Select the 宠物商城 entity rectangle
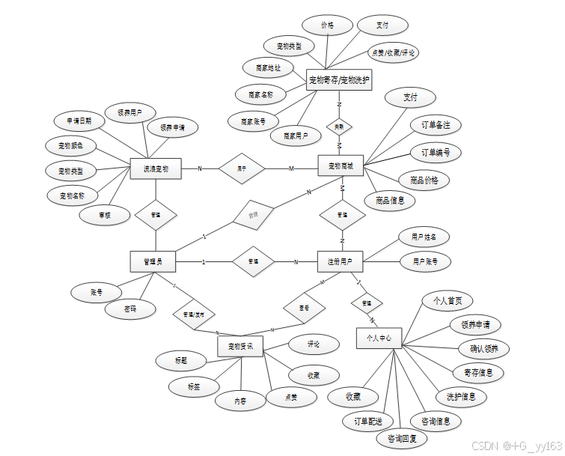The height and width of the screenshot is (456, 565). [340, 166]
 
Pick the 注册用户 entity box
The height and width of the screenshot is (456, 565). [340, 261]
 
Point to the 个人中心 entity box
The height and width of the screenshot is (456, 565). [379, 338]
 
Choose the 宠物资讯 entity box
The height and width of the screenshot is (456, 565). [240, 346]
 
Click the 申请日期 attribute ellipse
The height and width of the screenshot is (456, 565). [79, 121]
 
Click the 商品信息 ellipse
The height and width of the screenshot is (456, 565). [389, 200]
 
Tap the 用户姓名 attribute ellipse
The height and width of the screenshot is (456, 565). [424, 237]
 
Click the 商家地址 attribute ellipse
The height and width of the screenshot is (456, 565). [268, 68]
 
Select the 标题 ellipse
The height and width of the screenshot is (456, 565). [181, 361]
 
